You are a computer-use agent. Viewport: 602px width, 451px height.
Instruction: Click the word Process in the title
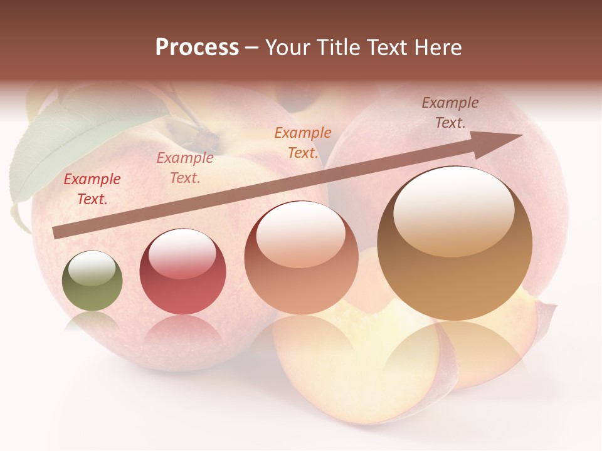[197, 48]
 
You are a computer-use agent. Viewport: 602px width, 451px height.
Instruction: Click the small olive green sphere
[92, 281]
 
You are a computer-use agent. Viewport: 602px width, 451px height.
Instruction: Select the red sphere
[182, 272]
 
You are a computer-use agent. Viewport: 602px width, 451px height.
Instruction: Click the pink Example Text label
[185, 168]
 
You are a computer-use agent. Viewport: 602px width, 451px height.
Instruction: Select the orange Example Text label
[303, 143]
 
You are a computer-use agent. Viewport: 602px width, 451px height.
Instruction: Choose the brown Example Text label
[450, 113]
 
